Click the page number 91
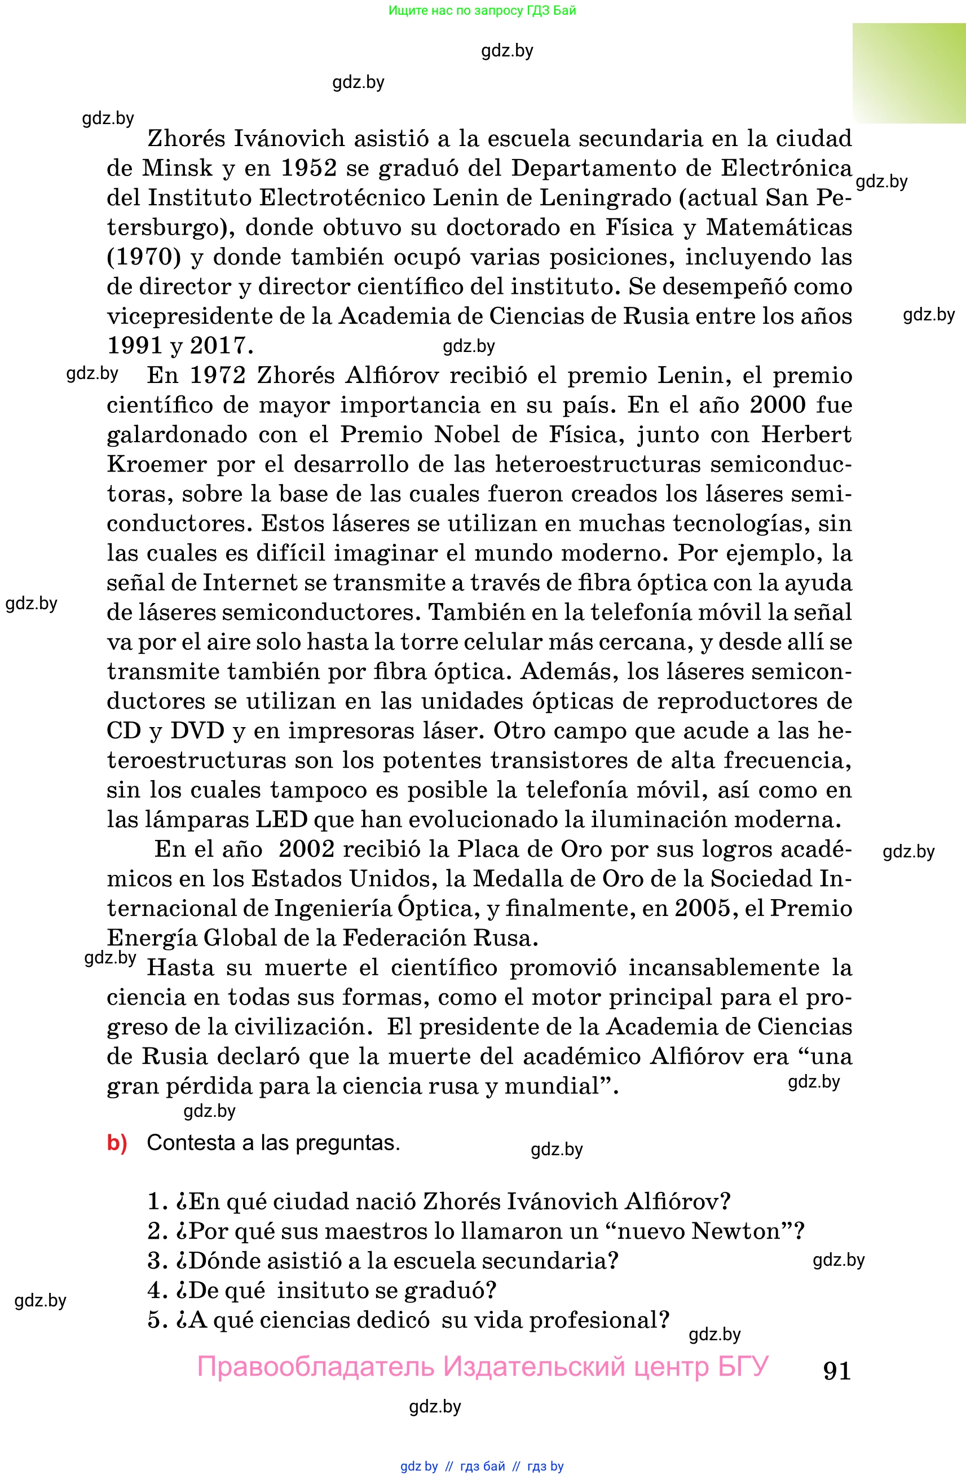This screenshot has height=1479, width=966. [836, 1370]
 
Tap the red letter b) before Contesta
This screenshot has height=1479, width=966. [117, 1143]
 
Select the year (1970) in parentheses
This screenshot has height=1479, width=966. [143, 257]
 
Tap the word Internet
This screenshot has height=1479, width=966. [250, 582]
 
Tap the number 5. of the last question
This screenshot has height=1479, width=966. [158, 1319]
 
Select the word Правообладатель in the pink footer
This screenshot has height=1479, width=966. [315, 1367]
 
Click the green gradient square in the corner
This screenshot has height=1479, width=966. [908, 73]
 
